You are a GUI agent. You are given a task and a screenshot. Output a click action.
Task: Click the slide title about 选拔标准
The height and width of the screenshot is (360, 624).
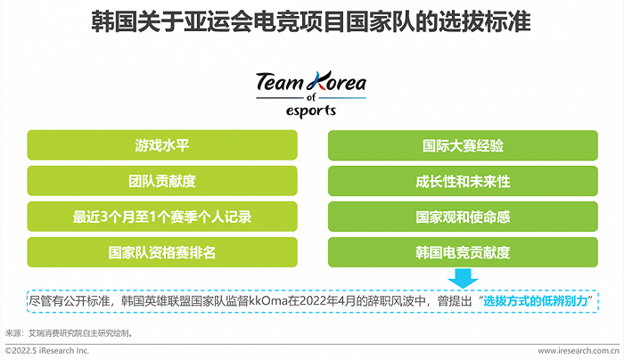311,22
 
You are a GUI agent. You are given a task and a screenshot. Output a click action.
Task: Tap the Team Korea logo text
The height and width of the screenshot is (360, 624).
311,82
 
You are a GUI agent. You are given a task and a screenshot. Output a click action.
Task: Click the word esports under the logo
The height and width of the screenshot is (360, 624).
311,110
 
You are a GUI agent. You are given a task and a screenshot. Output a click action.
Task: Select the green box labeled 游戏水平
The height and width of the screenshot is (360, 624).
162,145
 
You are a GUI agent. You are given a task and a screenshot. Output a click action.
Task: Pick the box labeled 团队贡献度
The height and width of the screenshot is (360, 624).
162,181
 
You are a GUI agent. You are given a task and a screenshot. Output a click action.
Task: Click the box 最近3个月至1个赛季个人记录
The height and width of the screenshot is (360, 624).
162,217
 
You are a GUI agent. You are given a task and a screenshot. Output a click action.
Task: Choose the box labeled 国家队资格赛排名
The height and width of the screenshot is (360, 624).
162,252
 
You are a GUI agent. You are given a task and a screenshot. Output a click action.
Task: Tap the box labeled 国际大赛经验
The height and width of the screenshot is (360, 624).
463,145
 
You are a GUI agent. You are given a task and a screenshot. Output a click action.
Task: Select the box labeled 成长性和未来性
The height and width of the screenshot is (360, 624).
463,181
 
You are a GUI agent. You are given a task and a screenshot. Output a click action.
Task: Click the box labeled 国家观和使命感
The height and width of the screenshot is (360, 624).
463,217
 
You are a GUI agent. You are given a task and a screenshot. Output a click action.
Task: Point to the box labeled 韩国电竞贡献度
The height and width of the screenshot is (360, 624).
463,252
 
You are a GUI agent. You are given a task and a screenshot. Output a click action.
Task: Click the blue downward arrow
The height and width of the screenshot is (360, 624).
463,278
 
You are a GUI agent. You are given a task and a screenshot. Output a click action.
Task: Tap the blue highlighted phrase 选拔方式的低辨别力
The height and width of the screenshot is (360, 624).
536,300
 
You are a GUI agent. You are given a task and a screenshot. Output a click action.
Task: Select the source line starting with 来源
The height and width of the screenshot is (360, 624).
69,333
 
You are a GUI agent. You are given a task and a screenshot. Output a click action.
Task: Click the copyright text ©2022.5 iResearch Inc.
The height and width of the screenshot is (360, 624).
47,350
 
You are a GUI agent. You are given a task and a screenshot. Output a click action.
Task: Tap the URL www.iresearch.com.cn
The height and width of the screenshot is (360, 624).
579,350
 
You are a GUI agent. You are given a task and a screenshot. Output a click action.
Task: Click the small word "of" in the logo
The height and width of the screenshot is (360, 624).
311,97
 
